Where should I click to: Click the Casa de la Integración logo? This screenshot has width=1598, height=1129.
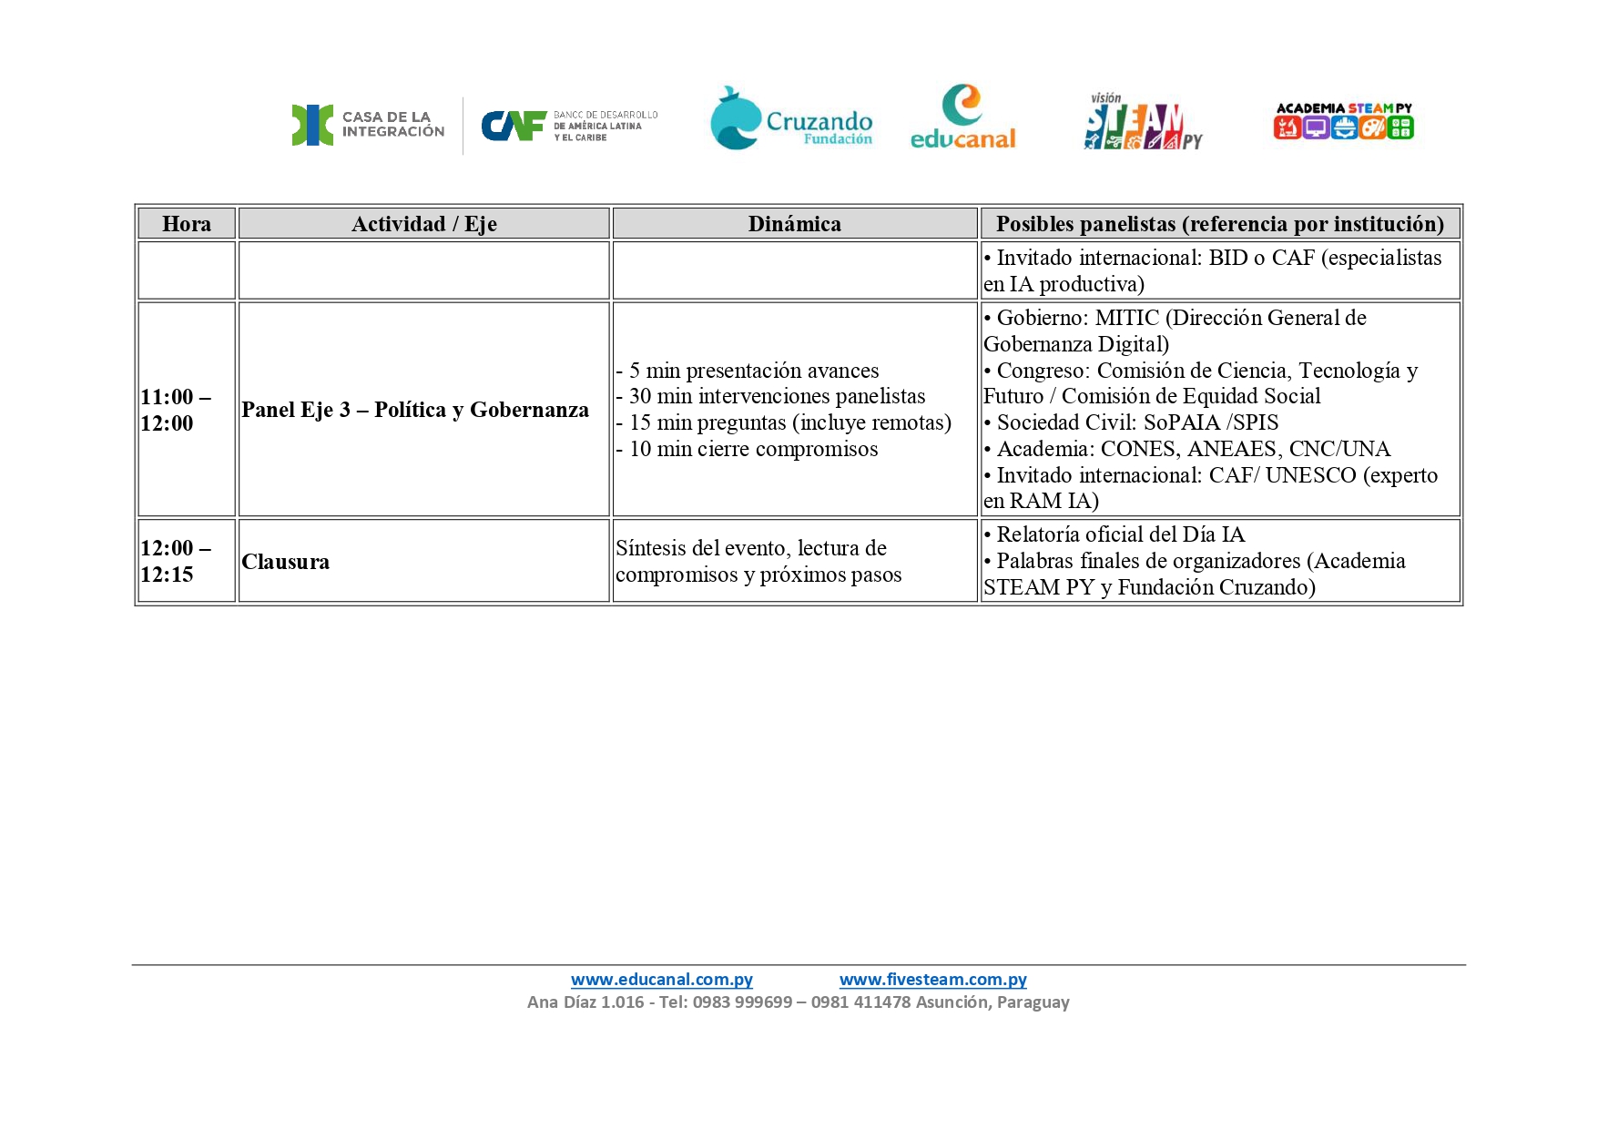pyautogui.click(x=368, y=125)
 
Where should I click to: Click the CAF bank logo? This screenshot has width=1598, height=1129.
pyautogui.click(x=569, y=126)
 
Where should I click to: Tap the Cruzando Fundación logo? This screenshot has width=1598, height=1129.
pyautogui.click(x=791, y=119)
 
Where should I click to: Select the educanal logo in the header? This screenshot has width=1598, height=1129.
pyautogui.click(x=962, y=117)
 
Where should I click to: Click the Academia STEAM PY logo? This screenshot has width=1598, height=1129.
pyautogui.click(x=1343, y=121)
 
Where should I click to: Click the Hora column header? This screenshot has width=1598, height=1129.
pyautogui.click(x=187, y=224)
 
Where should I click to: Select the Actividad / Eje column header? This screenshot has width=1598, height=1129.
pyautogui.click(x=423, y=224)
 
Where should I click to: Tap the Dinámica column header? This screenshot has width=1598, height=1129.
pyautogui.click(x=794, y=224)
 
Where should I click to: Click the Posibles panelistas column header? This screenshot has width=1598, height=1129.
pyautogui.click(x=1219, y=224)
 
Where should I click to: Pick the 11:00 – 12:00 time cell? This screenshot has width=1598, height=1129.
pyautogui.click(x=176, y=410)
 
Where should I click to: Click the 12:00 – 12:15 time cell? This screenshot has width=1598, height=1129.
pyautogui.click(x=176, y=561)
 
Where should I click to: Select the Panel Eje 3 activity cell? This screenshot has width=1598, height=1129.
pyautogui.click(x=415, y=410)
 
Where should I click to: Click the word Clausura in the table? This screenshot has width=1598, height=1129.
pyautogui.click(x=285, y=562)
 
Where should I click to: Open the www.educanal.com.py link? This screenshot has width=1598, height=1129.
pyautogui.click(x=662, y=980)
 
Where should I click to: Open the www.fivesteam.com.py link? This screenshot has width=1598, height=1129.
pyautogui.click(x=932, y=980)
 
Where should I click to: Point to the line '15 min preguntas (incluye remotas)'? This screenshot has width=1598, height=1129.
pyautogui.click(x=789, y=422)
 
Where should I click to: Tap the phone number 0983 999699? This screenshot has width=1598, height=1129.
pyautogui.click(x=742, y=1002)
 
